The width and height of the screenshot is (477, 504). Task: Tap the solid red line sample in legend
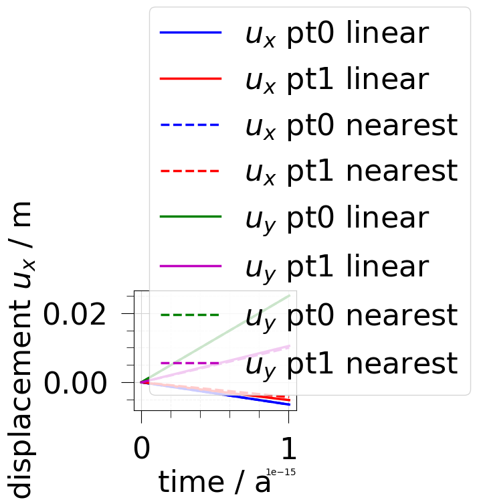[191, 79]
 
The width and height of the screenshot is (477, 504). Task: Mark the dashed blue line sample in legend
[191, 125]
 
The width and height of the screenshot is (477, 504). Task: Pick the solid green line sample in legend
[191, 218]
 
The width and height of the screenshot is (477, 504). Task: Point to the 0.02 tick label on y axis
[75, 313]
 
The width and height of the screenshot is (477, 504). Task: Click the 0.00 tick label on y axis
[75, 383]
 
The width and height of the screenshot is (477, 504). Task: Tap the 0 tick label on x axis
[141, 448]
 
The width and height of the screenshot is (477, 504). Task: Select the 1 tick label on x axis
[288, 448]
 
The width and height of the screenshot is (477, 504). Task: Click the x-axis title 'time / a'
[215, 482]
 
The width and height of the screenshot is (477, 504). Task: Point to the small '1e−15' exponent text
[280, 473]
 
